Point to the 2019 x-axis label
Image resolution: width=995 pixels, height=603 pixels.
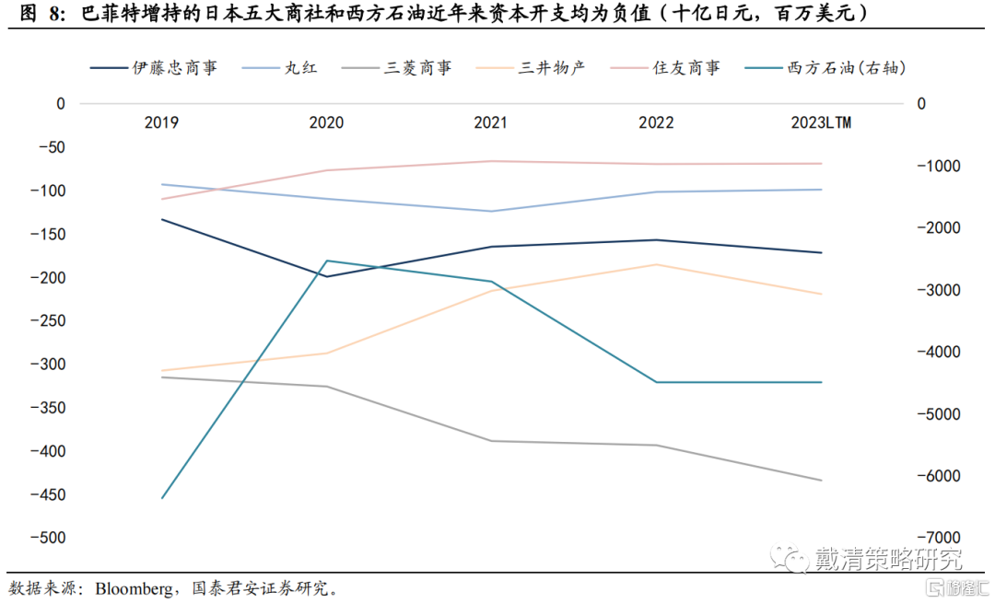pyautogui.click(x=161, y=122)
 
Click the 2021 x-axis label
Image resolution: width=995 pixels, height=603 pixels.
pyautogui.click(x=490, y=122)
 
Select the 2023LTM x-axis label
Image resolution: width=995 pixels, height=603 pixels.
pyautogui.click(x=820, y=122)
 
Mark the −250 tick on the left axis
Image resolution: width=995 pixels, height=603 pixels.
pyautogui.click(x=48, y=320)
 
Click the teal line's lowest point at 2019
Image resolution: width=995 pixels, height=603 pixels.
pyautogui.click(x=161, y=499)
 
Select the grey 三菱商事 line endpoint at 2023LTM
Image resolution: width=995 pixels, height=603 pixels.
pyautogui.click(x=820, y=480)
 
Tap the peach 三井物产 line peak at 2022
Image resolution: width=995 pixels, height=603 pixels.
pyautogui.click(x=655, y=264)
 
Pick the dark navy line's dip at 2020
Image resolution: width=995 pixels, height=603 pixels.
pyautogui.click(x=326, y=276)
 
